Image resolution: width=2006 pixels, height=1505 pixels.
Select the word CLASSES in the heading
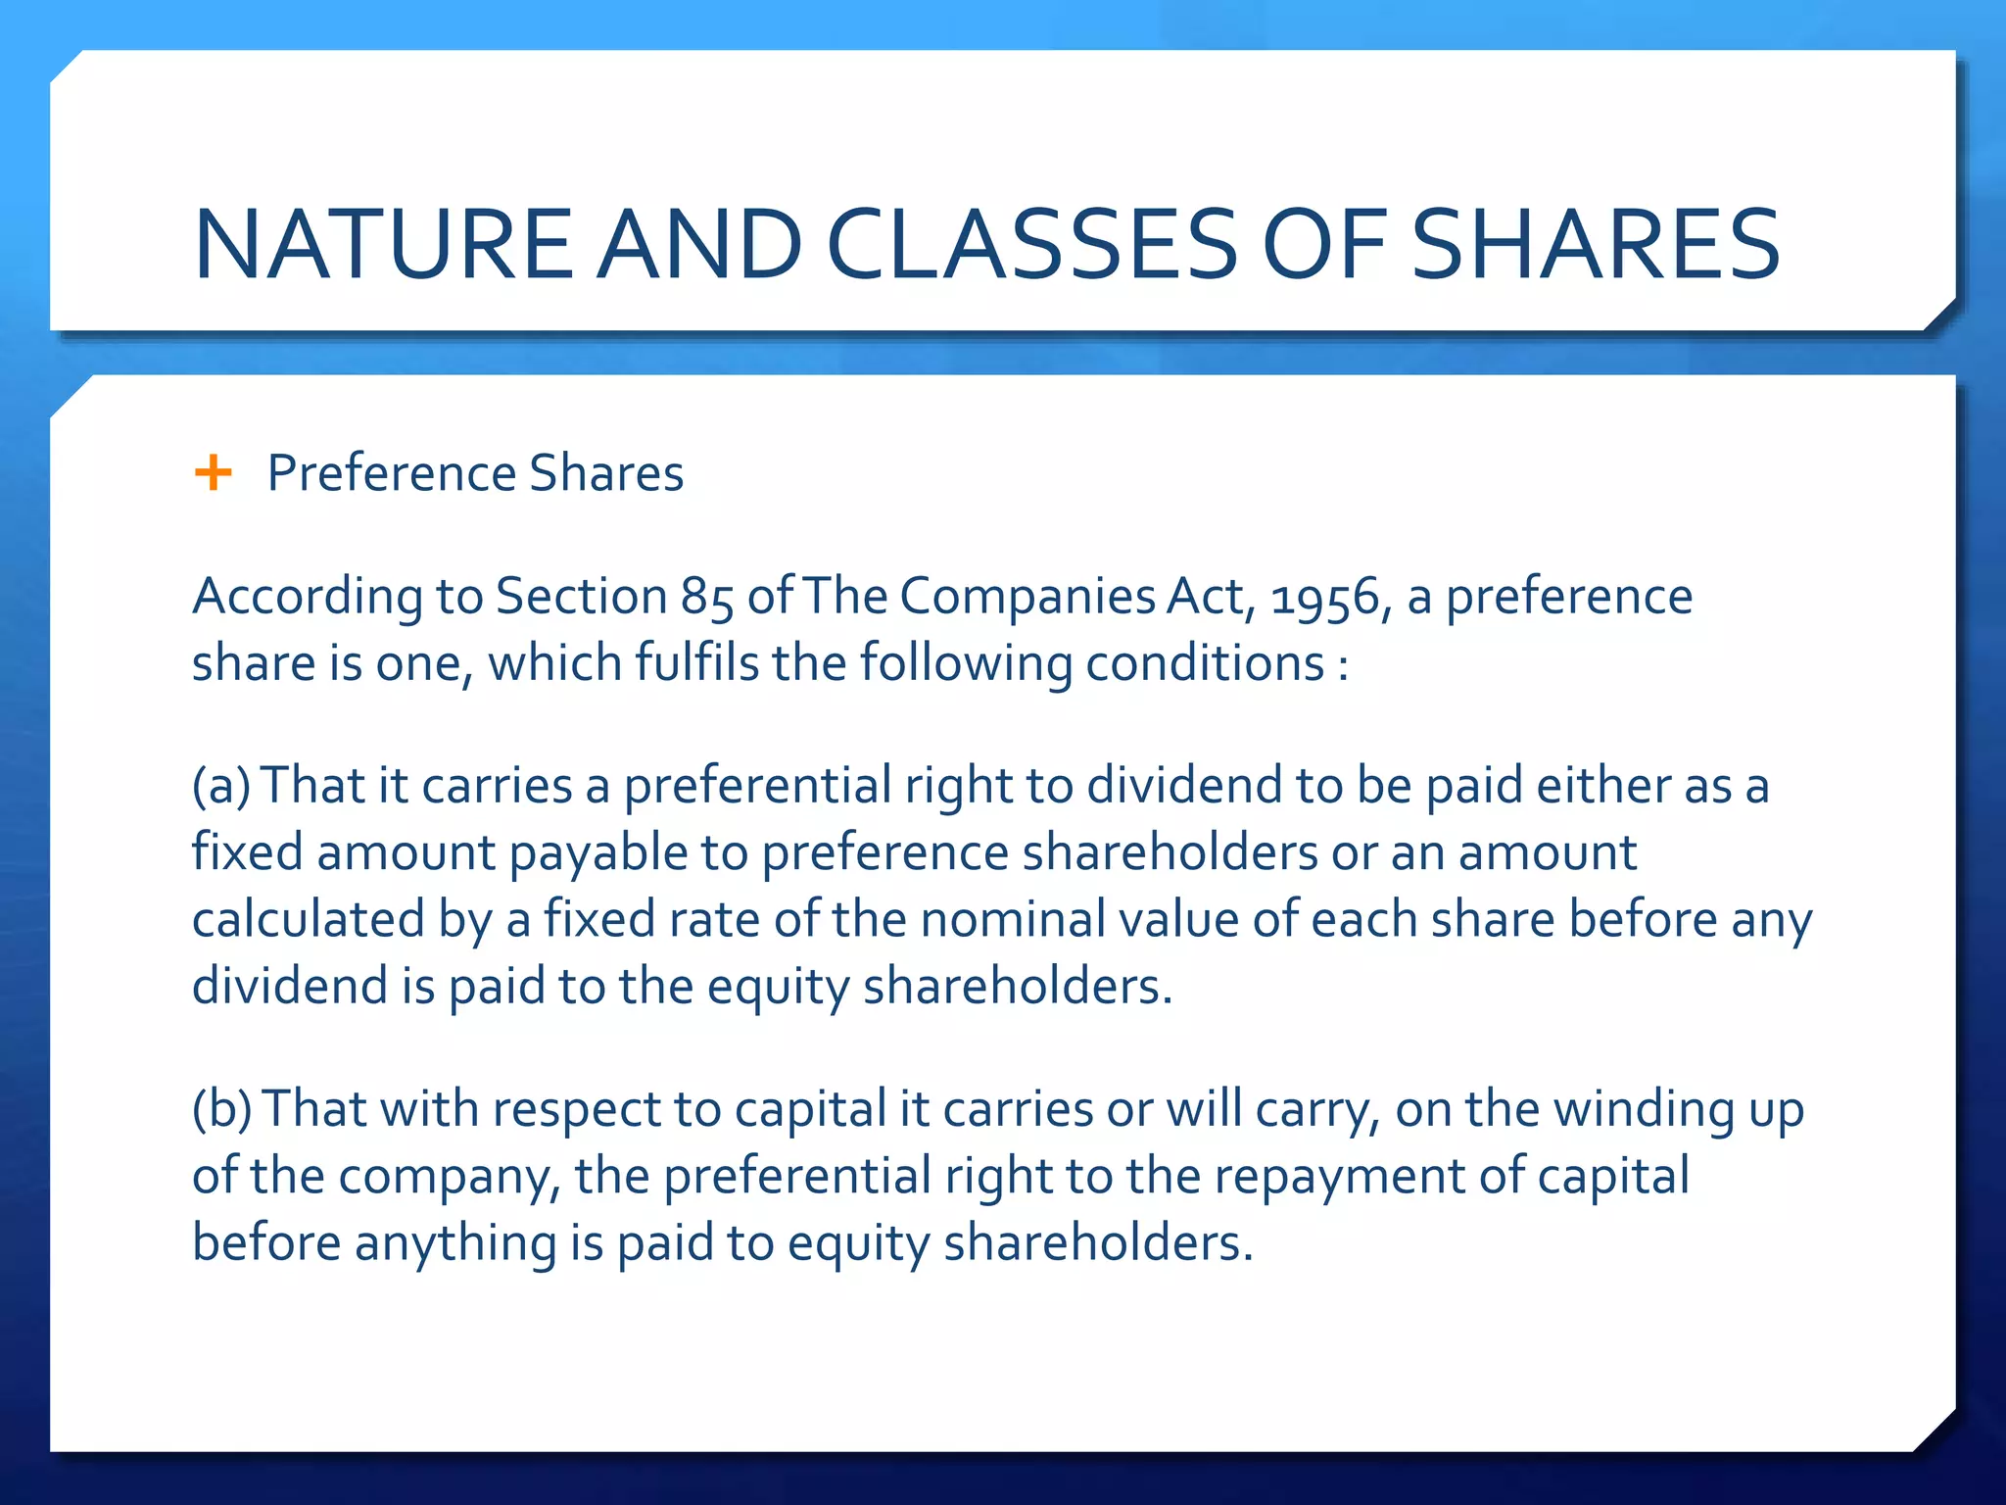1032,244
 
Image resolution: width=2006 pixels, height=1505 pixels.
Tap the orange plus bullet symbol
213,473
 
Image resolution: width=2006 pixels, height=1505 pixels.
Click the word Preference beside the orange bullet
391,473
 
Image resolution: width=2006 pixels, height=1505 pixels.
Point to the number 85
707,597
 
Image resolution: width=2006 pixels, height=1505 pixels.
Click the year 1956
1324,597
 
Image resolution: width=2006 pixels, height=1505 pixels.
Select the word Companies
1027,597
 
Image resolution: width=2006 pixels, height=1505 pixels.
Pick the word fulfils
696,663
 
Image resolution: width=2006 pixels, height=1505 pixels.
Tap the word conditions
1205,663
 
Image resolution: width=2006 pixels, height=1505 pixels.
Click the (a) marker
221,786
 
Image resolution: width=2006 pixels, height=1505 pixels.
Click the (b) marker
222,1109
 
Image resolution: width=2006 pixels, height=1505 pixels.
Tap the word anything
455,1242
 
